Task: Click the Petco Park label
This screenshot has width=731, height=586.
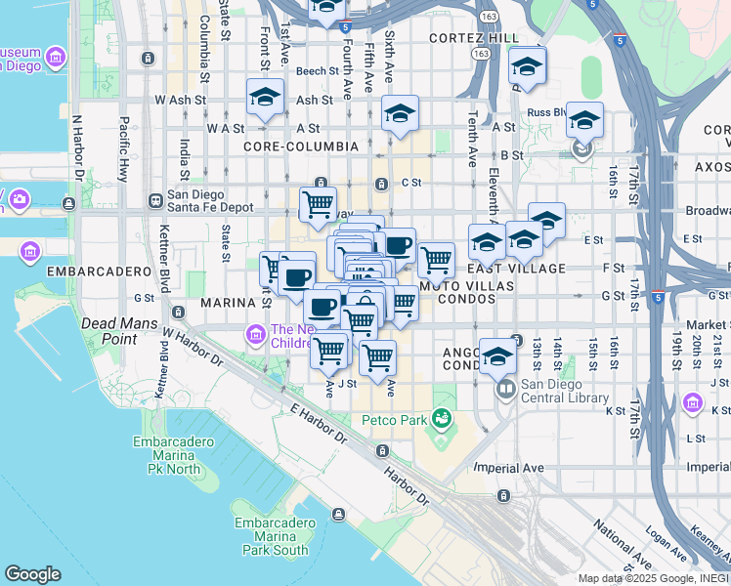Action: (x=395, y=420)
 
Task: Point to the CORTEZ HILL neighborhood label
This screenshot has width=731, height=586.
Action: (x=474, y=37)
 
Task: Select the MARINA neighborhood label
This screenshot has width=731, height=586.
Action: (x=228, y=303)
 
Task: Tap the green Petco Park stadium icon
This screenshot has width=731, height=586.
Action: (x=443, y=419)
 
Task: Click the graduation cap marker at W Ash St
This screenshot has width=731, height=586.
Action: (x=264, y=98)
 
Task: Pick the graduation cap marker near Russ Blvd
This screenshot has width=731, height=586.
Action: (x=584, y=121)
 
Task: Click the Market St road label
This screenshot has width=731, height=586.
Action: (x=705, y=326)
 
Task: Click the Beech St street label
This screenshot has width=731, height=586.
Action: (x=317, y=71)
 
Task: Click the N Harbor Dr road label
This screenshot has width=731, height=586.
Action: (x=76, y=157)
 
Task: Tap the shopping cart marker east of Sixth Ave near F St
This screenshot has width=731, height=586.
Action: (x=436, y=259)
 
